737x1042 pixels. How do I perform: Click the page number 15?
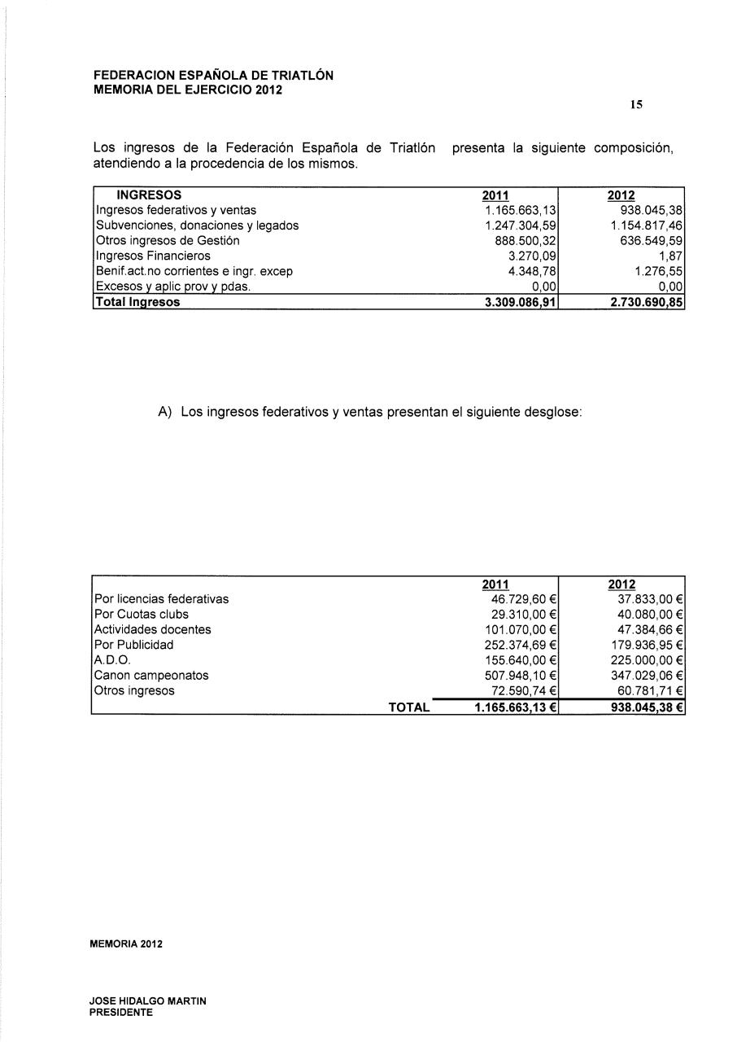tap(637, 104)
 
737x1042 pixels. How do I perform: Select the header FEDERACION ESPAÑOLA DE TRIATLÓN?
tap(213, 75)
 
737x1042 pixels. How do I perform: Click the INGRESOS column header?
tap(149, 195)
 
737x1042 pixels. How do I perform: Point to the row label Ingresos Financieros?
tap(153, 256)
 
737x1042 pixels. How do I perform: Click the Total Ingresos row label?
tap(137, 302)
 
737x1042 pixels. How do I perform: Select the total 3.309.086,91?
tap(514, 302)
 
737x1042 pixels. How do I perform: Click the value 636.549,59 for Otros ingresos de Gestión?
tap(647, 241)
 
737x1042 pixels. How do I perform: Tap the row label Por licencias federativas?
tap(162, 599)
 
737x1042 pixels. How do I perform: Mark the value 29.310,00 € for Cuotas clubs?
tap(520, 615)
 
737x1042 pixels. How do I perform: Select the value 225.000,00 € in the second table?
tap(646, 660)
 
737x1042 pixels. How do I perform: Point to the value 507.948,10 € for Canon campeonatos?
tap(517, 676)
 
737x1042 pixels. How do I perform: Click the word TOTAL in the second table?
tap(409, 707)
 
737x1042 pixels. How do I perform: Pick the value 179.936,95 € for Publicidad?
tap(646, 645)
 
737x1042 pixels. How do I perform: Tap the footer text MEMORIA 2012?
tap(126, 944)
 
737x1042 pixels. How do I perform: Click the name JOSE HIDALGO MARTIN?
tap(148, 1000)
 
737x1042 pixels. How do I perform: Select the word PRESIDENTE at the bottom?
tap(121, 1013)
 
